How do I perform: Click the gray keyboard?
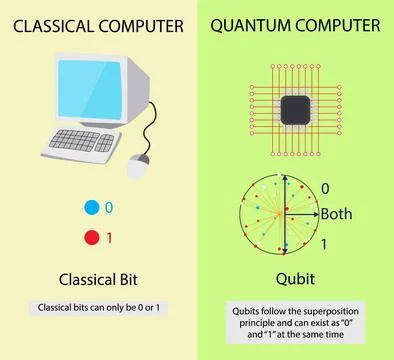pyautogui.click(x=87, y=142)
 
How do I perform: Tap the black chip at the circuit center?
pyautogui.click(x=296, y=109)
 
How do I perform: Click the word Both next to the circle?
pyautogui.click(x=337, y=213)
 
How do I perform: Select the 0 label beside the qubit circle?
pyautogui.click(x=324, y=187)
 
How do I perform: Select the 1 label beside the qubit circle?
pyautogui.click(x=324, y=242)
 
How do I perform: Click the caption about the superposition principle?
pyautogui.click(x=296, y=325)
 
